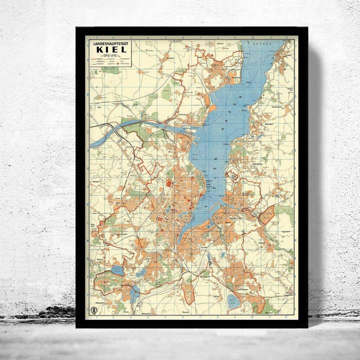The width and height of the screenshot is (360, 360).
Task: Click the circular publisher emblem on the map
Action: click(x=93, y=310)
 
